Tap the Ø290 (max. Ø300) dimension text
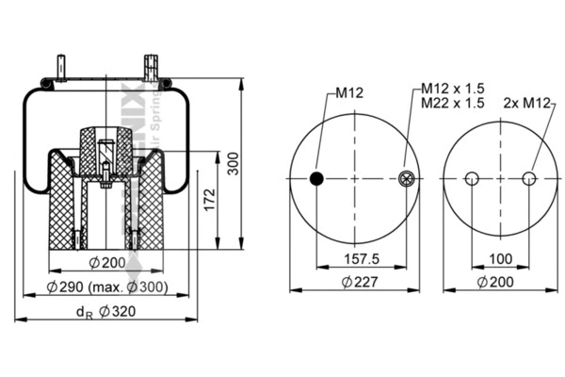coord(106,286)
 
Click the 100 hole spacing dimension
coord(502,258)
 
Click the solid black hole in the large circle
coord(317,179)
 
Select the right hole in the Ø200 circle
coord(530,179)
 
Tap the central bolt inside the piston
coord(105,160)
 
